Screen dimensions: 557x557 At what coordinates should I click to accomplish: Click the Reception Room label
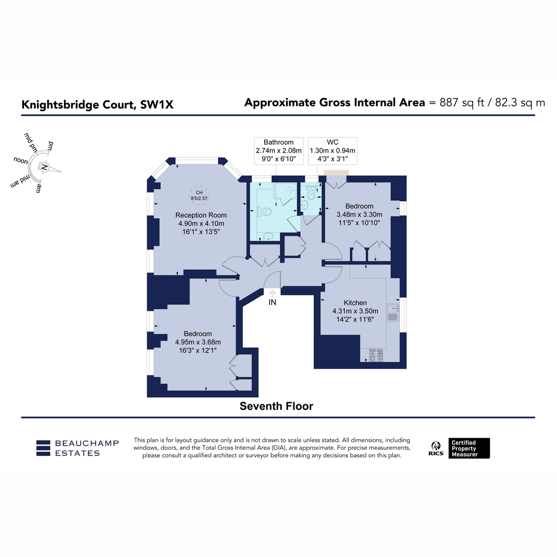coord(201,215)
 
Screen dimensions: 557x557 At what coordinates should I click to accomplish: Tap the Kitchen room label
coord(355,303)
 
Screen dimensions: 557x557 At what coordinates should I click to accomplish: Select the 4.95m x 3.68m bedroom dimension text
coord(198,342)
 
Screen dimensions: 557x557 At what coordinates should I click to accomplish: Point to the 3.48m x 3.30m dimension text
coord(359,214)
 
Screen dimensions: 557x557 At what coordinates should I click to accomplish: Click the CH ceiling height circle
coord(199,195)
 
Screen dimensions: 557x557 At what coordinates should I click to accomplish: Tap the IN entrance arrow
coord(272,294)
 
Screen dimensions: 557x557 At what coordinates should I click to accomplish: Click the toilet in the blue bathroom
coord(264,212)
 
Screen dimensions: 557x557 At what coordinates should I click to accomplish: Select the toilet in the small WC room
coord(311,193)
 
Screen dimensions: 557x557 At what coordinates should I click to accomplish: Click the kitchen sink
coord(393,312)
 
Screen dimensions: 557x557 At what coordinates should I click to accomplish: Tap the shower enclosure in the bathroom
coord(285,194)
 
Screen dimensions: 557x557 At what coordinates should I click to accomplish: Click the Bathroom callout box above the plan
coord(278,151)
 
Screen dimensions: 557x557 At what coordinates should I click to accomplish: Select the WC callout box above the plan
coord(332,151)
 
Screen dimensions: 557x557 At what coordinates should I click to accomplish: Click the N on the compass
coord(44,167)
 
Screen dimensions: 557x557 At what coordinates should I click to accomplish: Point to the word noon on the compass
coord(21,161)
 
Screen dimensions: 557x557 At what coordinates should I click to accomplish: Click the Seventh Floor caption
coord(276,406)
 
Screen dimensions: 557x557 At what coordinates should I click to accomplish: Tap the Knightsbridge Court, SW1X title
coord(97,104)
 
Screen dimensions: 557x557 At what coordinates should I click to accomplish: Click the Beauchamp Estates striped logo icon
coord(43,448)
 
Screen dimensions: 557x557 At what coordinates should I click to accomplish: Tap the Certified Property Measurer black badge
coord(469,448)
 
